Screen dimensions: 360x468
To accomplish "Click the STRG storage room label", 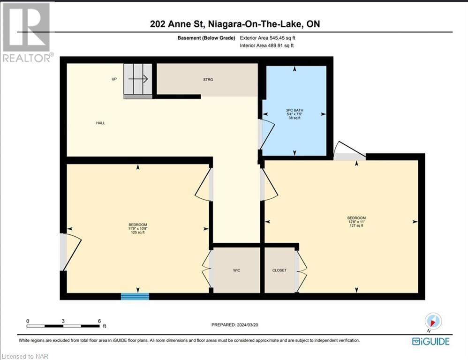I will point(208,80).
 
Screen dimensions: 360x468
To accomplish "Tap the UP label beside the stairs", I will point(114,79).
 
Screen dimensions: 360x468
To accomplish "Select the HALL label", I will point(100,123).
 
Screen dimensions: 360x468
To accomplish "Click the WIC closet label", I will point(237,270).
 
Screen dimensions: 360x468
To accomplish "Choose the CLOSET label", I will point(279,270).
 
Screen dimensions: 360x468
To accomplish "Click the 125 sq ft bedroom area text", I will point(138,232).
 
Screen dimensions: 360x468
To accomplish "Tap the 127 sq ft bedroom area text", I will point(356,225).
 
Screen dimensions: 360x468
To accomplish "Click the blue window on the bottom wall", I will point(135,296).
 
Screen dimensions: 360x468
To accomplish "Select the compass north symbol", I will point(433,321).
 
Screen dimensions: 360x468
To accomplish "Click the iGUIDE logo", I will point(430,341).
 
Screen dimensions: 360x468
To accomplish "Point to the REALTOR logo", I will point(27,32).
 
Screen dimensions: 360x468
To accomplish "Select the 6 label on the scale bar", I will point(99,321).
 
